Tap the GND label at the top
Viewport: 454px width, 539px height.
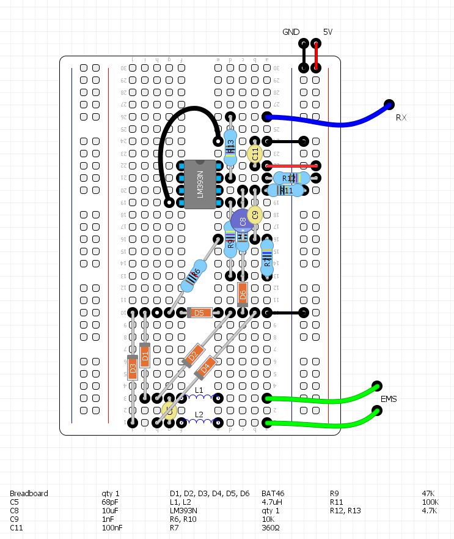[291, 32]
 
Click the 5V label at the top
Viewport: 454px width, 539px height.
[328, 32]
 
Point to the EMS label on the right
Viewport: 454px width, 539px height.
[389, 399]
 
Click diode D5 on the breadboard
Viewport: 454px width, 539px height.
[199, 313]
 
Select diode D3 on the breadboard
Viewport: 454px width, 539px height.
[133, 368]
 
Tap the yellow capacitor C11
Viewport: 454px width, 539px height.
[255, 154]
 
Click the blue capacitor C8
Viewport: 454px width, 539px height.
[241, 221]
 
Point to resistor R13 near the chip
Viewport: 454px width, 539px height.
[230, 147]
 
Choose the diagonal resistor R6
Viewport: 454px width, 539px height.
[194, 275]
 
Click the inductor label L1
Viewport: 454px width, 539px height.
[199, 390]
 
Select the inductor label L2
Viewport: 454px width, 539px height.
[199, 414]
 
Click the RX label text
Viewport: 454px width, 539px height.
[401, 117]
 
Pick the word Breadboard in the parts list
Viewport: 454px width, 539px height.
[29, 493]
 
